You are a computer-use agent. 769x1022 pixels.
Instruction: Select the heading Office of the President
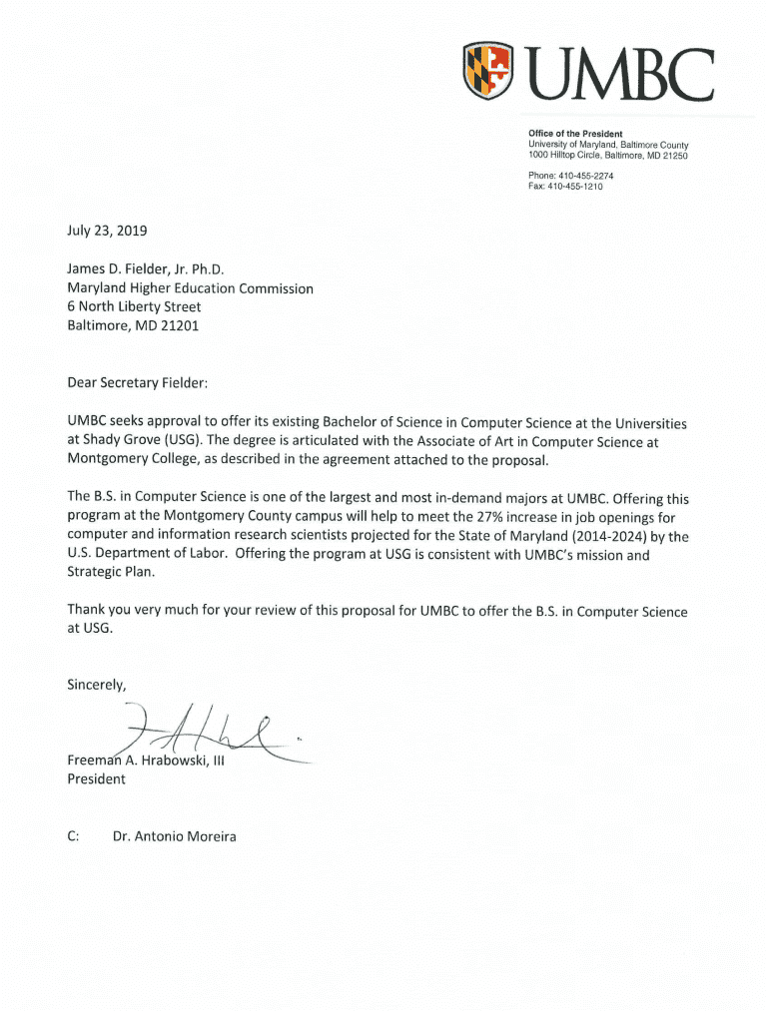[x=575, y=134]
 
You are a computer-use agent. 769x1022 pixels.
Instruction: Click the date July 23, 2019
[x=107, y=231]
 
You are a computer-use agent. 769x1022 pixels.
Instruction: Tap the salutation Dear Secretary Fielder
[x=138, y=382]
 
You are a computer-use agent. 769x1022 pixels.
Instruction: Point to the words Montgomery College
[x=125, y=459]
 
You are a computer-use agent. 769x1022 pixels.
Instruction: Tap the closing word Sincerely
[x=97, y=685]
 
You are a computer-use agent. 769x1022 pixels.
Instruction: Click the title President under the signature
[x=96, y=779]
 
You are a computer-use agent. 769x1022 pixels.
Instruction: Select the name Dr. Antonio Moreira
[x=175, y=836]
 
